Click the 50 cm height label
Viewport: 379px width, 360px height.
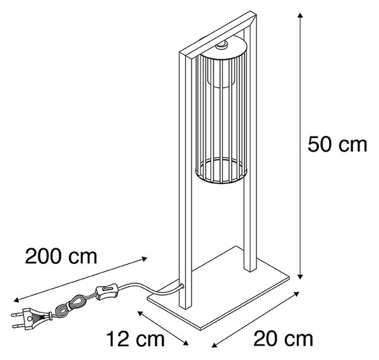pos(337,145)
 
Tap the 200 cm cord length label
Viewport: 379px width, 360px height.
pos(61,256)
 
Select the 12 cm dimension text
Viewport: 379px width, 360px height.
pos(136,339)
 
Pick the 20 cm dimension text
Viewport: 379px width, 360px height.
pos(283,339)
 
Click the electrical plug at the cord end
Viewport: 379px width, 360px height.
pos(30,318)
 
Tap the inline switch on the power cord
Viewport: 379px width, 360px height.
pos(107,292)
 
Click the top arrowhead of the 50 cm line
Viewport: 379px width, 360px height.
pos(300,16)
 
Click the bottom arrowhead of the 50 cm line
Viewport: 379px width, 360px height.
pos(300,277)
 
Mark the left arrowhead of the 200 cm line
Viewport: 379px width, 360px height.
pos(16,300)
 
